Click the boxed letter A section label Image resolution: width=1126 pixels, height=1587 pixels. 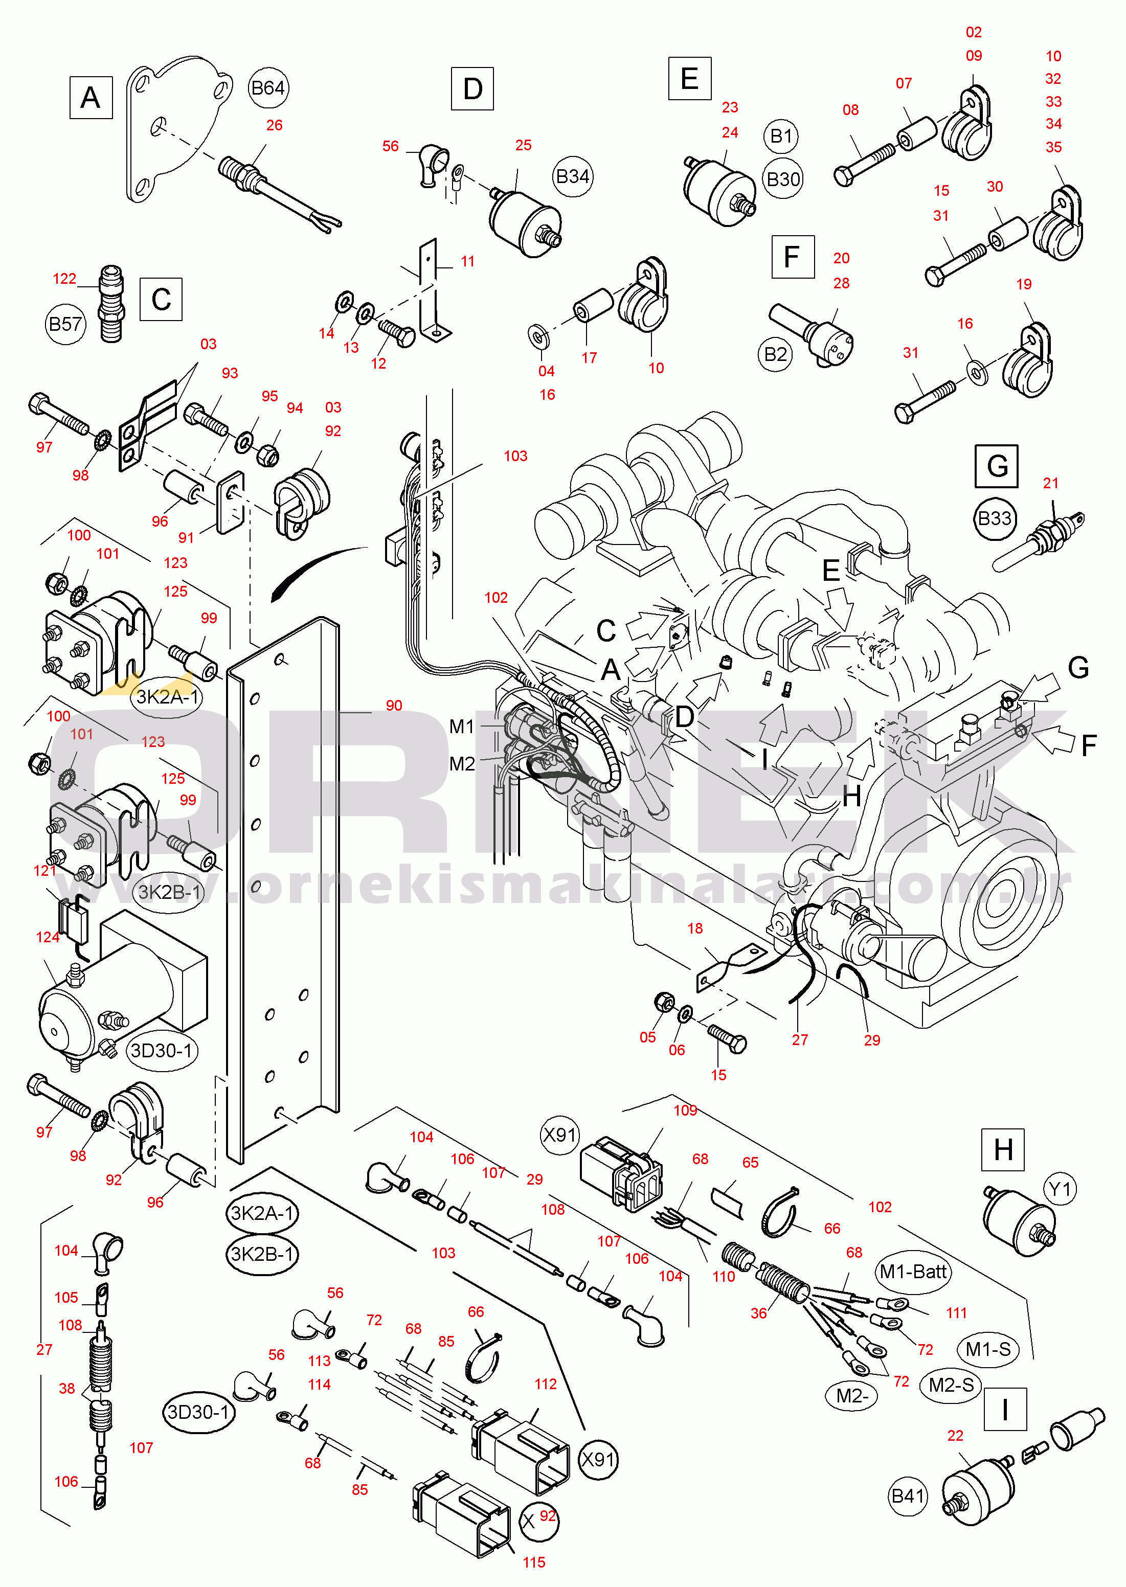(91, 98)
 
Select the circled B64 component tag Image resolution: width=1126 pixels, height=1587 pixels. (267, 88)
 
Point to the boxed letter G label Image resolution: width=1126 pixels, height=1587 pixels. (996, 466)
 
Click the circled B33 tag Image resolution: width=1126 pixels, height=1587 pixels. (994, 518)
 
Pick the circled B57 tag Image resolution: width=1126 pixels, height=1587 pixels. (65, 324)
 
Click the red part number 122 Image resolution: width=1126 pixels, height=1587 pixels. (64, 279)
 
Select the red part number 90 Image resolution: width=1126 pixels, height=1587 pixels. (394, 705)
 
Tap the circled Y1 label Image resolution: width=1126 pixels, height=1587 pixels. (1060, 1190)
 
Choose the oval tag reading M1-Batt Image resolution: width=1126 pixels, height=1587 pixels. (912, 1272)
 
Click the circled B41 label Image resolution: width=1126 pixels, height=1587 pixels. (908, 1496)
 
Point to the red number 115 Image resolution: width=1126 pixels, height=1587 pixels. (534, 1562)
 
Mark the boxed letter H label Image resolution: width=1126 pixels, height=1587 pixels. (1003, 1149)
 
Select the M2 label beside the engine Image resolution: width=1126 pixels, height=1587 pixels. (462, 764)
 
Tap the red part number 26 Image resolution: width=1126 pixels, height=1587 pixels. (275, 125)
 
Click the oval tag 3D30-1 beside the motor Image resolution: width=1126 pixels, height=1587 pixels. (162, 1050)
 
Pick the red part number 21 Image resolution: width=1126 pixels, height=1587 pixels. (1050, 483)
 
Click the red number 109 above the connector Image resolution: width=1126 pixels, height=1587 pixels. (685, 1110)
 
